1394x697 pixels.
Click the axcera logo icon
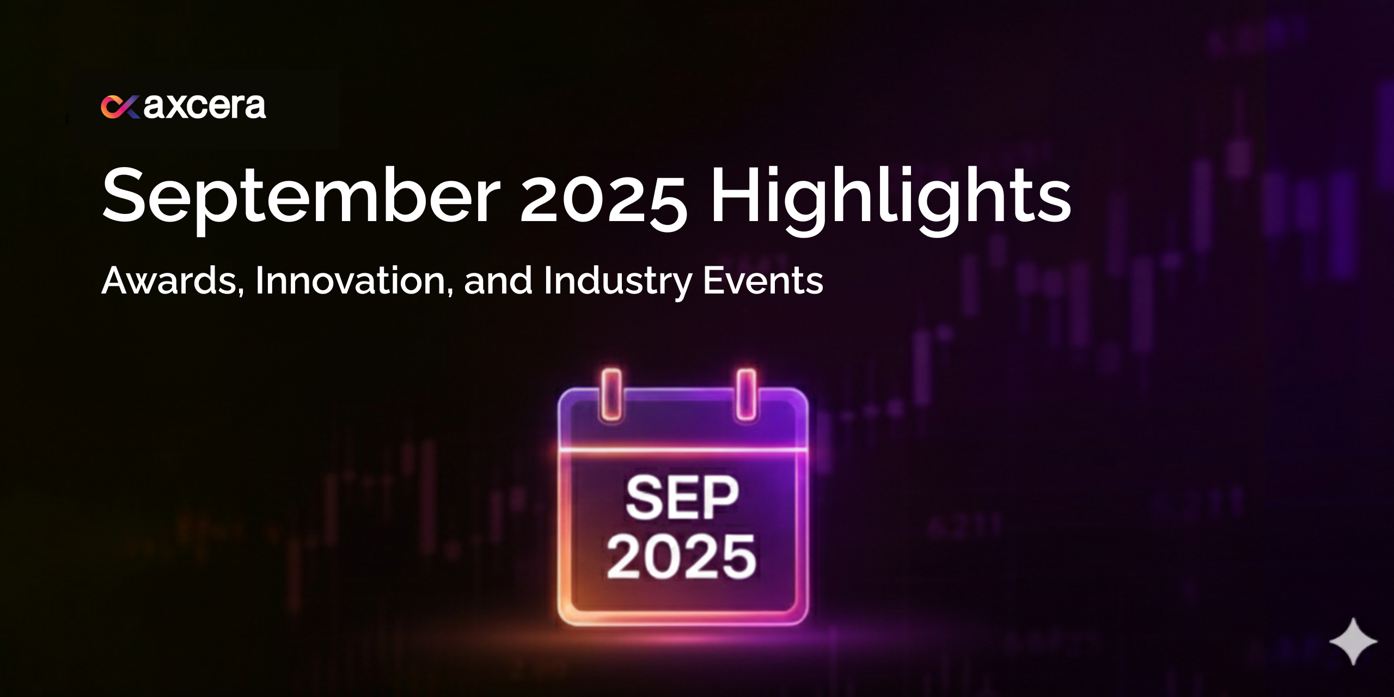point(120,107)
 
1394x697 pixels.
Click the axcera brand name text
point(205,106)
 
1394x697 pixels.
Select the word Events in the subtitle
point(763,281)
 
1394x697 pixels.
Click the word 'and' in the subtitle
point(498,281)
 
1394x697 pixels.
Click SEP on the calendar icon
point(682,498)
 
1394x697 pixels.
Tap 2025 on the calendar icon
point(682,555)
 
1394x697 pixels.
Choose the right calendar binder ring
point(746,395)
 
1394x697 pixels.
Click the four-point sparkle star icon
point(1353,641)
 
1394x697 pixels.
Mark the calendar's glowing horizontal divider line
point(683,450)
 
